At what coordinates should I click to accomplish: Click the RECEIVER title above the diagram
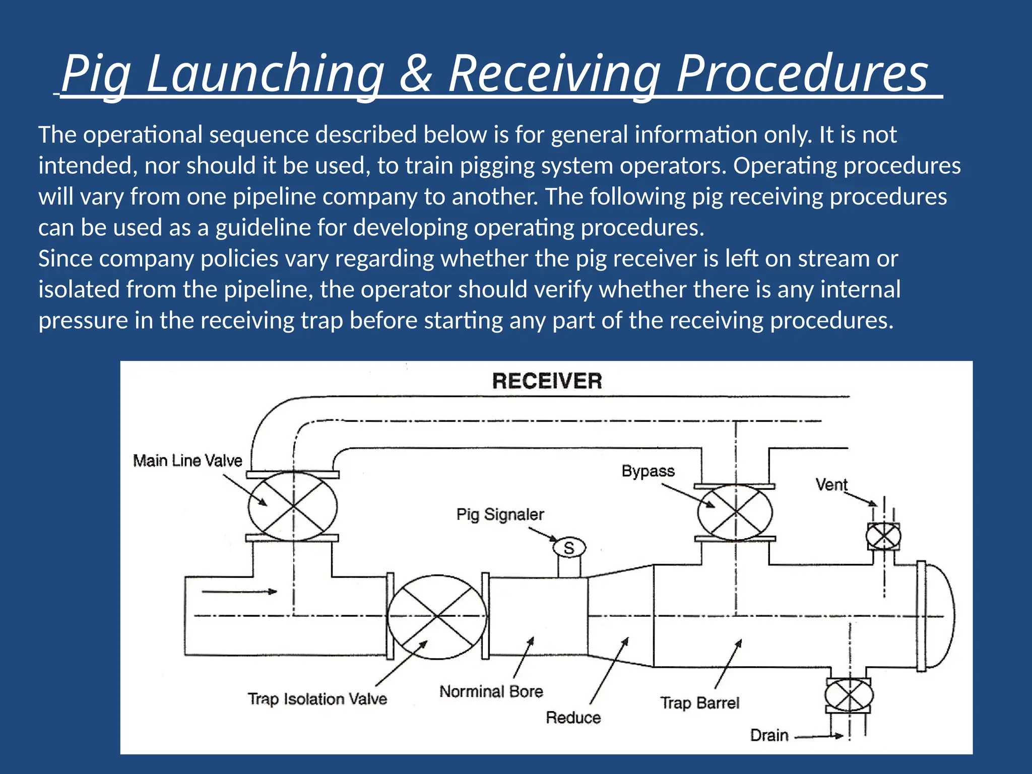(547, 381)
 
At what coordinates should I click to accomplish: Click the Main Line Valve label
(187, 461)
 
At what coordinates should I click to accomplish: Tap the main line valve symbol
(293, 506)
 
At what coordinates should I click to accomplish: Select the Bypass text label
(648, 471)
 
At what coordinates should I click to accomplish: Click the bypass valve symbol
(735, 512)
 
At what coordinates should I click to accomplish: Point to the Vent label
(831, 485)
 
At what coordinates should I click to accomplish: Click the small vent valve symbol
(883, 536)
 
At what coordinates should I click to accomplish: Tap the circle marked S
(569, 548)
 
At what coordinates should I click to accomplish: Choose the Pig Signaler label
(500, 514)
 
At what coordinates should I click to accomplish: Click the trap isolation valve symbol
(437, 616)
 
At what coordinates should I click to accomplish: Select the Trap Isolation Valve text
(317, 699)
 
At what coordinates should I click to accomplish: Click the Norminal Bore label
(491, 691)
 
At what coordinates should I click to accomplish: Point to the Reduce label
(573, 718)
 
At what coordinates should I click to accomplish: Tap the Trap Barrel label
(699, 703)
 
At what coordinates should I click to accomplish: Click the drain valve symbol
(849, 695)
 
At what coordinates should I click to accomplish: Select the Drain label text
(769, 735)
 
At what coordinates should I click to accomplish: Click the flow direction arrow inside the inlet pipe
(239, 592)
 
